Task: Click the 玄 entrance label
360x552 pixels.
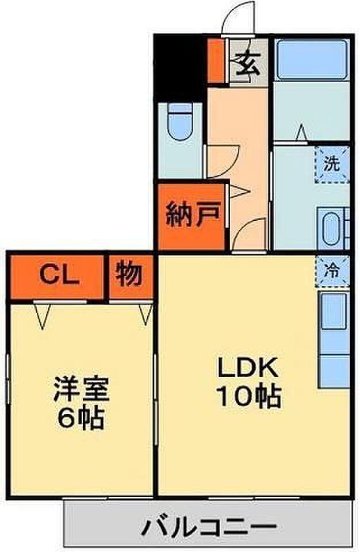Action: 248,64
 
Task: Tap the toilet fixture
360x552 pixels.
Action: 181,121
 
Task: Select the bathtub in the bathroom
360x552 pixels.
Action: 312,59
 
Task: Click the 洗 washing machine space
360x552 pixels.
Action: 331,164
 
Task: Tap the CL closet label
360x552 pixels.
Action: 59,275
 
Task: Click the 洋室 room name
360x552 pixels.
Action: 81,389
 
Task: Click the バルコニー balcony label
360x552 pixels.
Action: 209,527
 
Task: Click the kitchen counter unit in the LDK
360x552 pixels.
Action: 334,340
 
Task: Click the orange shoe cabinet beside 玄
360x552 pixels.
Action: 216,60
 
